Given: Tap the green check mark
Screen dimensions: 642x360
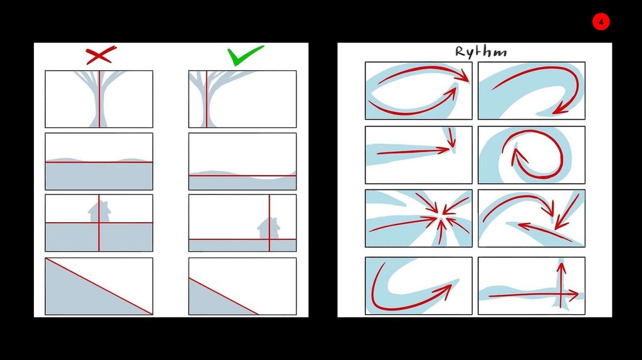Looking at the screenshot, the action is pos(245,55).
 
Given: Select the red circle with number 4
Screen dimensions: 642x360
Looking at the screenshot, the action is pos(601,22).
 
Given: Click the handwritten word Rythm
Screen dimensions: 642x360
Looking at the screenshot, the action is pos(481,52).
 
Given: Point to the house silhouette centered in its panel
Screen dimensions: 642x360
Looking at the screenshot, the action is pos(99,212).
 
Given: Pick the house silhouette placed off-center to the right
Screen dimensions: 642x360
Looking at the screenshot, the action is pos(269,228).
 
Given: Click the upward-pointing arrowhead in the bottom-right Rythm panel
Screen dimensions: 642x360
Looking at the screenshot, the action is pos(561,268).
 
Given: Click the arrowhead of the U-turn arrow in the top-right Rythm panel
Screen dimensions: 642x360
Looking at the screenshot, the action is pos(560,109).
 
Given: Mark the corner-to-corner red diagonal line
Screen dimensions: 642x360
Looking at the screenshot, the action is pos(99,286).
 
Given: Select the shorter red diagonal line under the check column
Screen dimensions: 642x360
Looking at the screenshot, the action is pos(224,297).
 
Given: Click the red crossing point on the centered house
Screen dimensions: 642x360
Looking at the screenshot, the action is pos(99,223).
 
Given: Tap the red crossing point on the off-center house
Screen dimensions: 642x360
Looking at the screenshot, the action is pos(270,239).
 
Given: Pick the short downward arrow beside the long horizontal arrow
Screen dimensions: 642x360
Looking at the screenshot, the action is pos(451,137).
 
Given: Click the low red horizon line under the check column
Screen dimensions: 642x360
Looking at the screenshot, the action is pos(243,176).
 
